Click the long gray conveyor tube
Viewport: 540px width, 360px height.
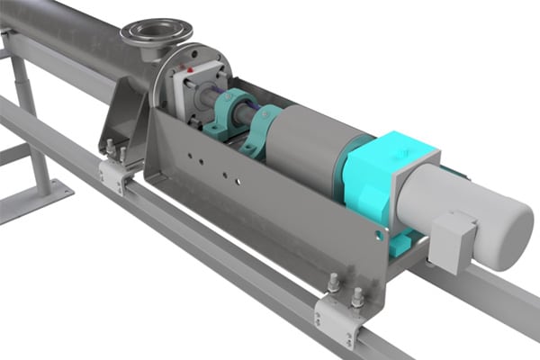63,36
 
